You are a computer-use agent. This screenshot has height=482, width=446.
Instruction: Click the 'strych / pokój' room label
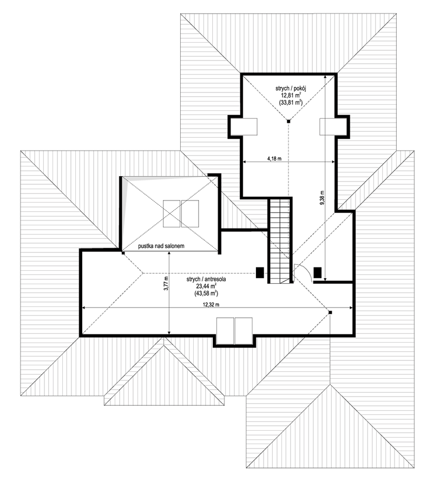(291, 89)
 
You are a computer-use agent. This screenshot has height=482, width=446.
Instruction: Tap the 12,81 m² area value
(291, 96)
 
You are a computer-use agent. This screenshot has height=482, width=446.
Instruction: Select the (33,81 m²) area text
(291, 103)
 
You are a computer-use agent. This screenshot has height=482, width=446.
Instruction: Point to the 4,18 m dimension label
(274, 159)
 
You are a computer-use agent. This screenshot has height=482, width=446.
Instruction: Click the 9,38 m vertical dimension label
(322, 197)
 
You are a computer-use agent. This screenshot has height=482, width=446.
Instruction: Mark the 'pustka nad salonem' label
(161, 246)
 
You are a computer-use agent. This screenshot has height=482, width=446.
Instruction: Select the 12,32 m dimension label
(211, 305)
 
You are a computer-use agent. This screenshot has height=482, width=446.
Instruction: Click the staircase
(280, 240)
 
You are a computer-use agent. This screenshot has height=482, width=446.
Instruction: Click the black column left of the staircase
(260, 273)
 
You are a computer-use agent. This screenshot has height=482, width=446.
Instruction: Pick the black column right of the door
(318, 273)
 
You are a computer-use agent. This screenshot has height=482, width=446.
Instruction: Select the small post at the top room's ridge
(288, 122)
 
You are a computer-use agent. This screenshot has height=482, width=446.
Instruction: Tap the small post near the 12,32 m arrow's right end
(330, 312)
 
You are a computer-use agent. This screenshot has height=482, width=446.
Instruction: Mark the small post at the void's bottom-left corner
(123, 253)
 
